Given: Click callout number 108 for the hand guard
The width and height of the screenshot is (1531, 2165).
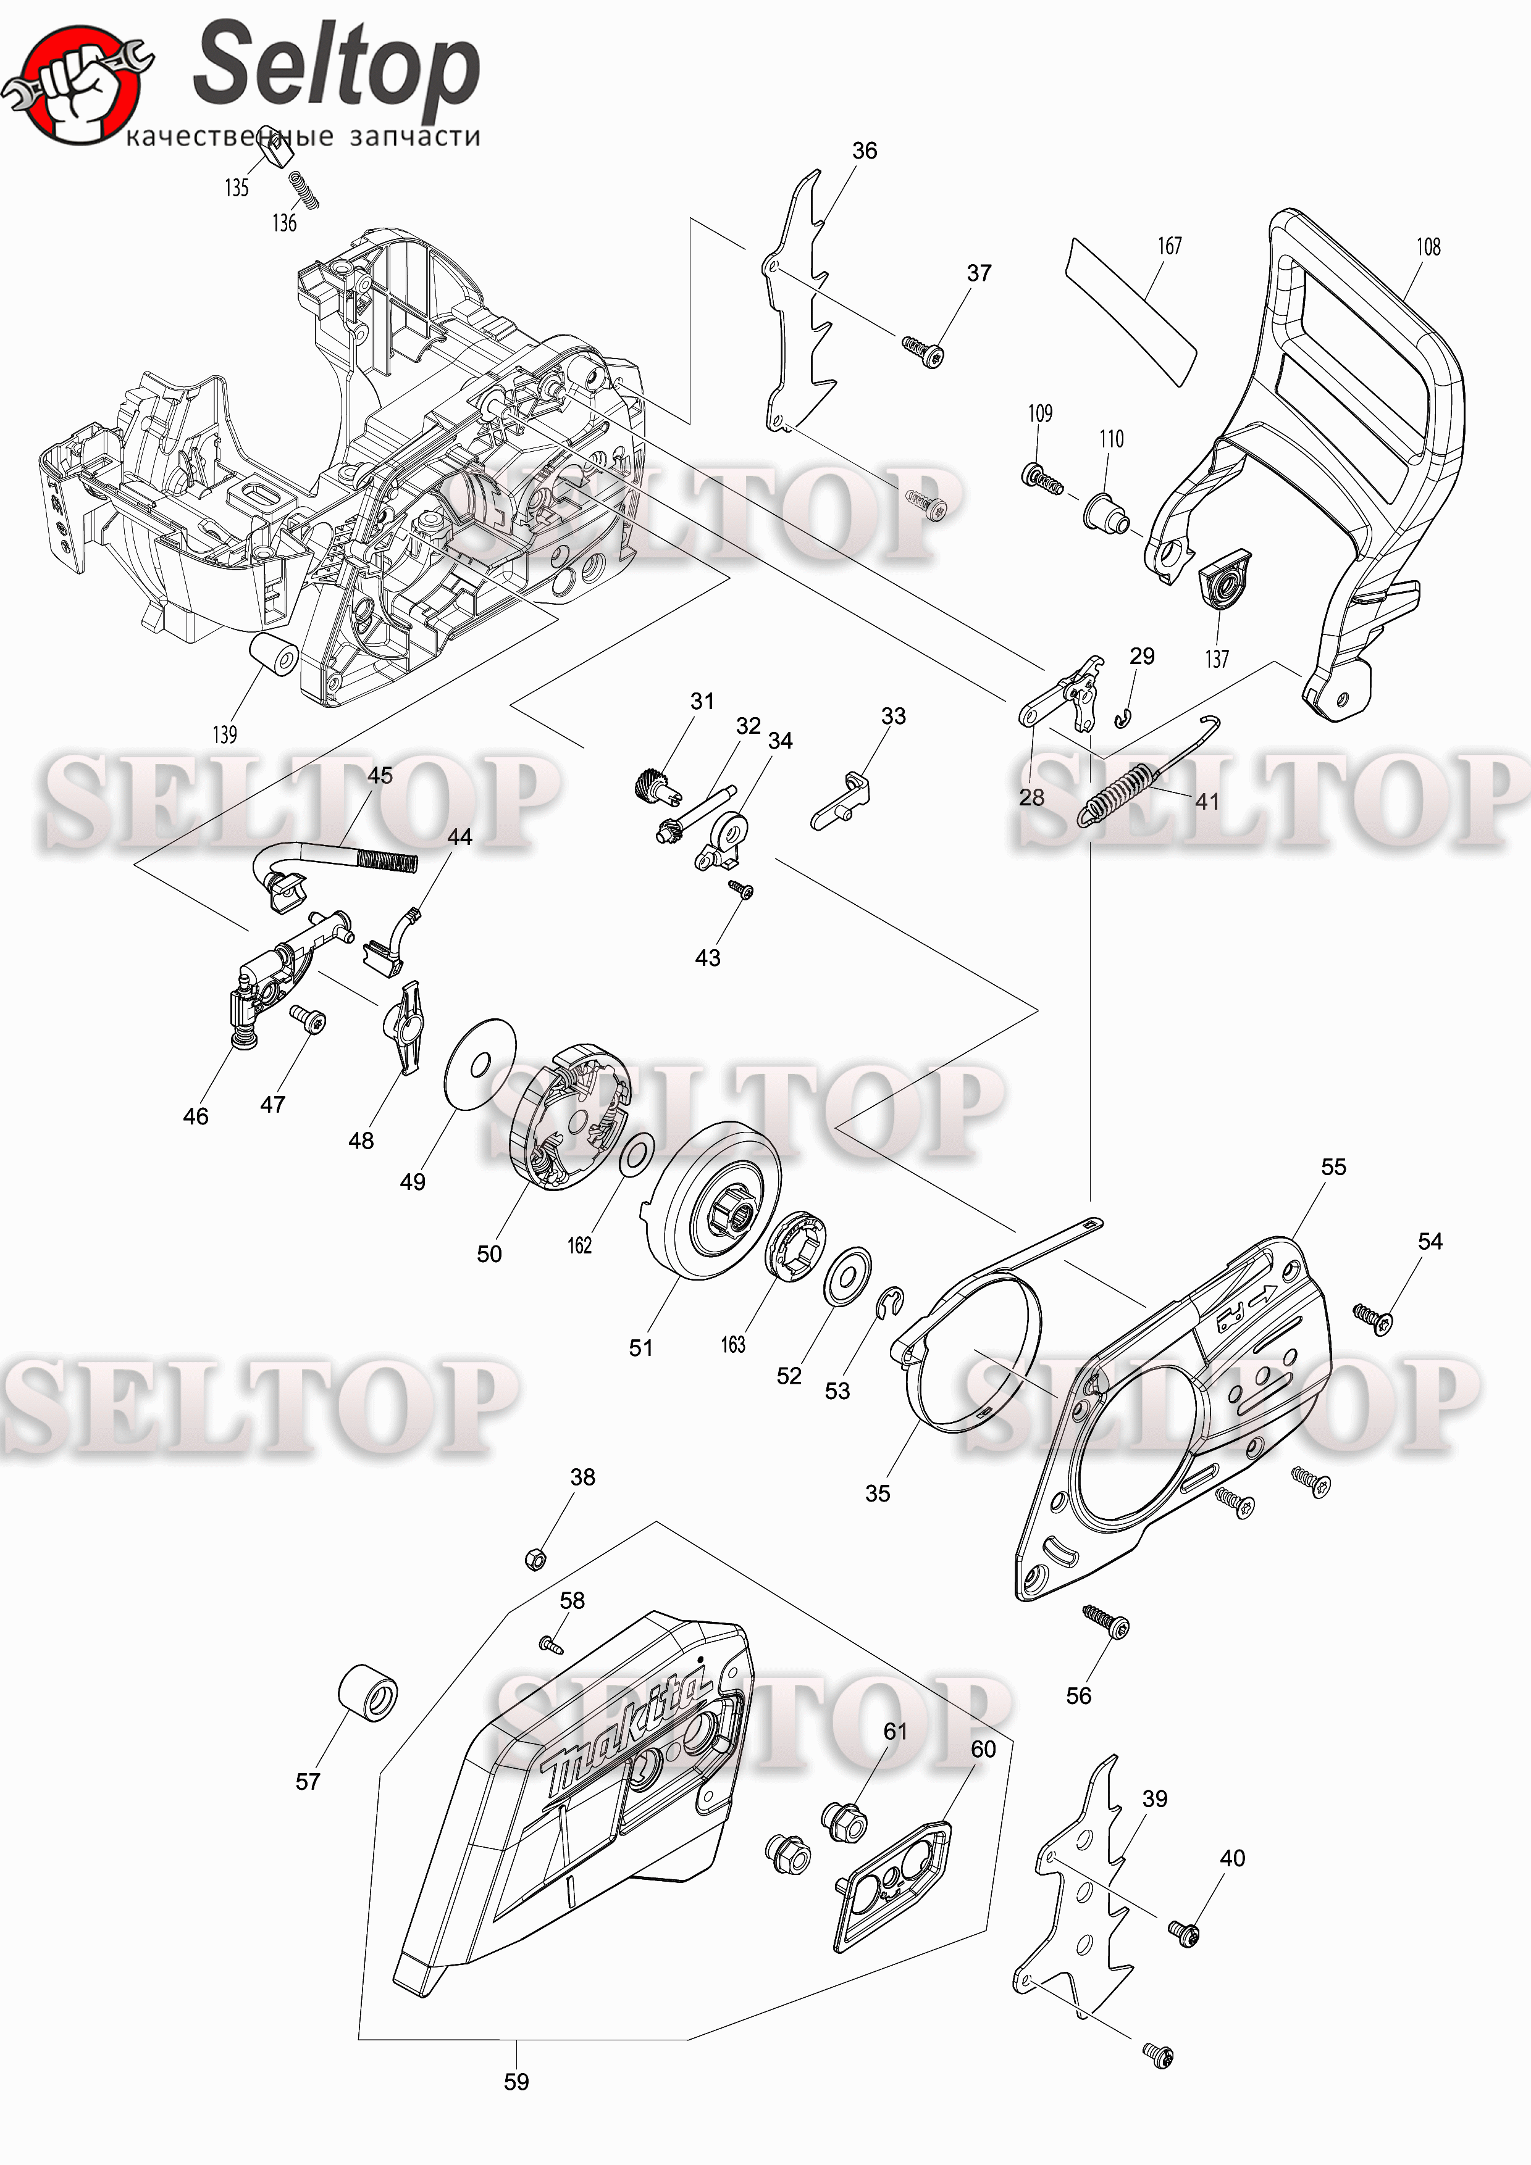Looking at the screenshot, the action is (x=1428, y=247).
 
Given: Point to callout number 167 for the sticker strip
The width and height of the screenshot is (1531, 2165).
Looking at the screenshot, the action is (x=1170, y=246).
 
